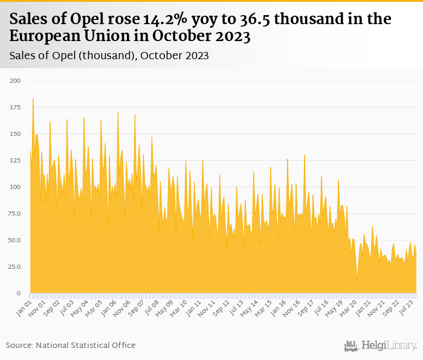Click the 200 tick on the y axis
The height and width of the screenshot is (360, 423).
coord(15,80)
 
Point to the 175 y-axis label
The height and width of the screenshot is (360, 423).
coord(15,107)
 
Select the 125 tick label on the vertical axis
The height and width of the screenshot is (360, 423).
coord(15,160)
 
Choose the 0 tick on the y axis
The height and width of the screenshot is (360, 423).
coord(18,293)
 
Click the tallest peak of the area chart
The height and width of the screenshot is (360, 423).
coord(33,99)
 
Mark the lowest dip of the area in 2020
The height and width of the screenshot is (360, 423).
coord(357,279)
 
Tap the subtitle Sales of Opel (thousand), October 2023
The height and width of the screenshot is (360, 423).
coord(109,56)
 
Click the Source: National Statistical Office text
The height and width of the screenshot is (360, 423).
coord(71,345)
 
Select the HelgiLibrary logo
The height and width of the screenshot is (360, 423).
coord(381,346)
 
